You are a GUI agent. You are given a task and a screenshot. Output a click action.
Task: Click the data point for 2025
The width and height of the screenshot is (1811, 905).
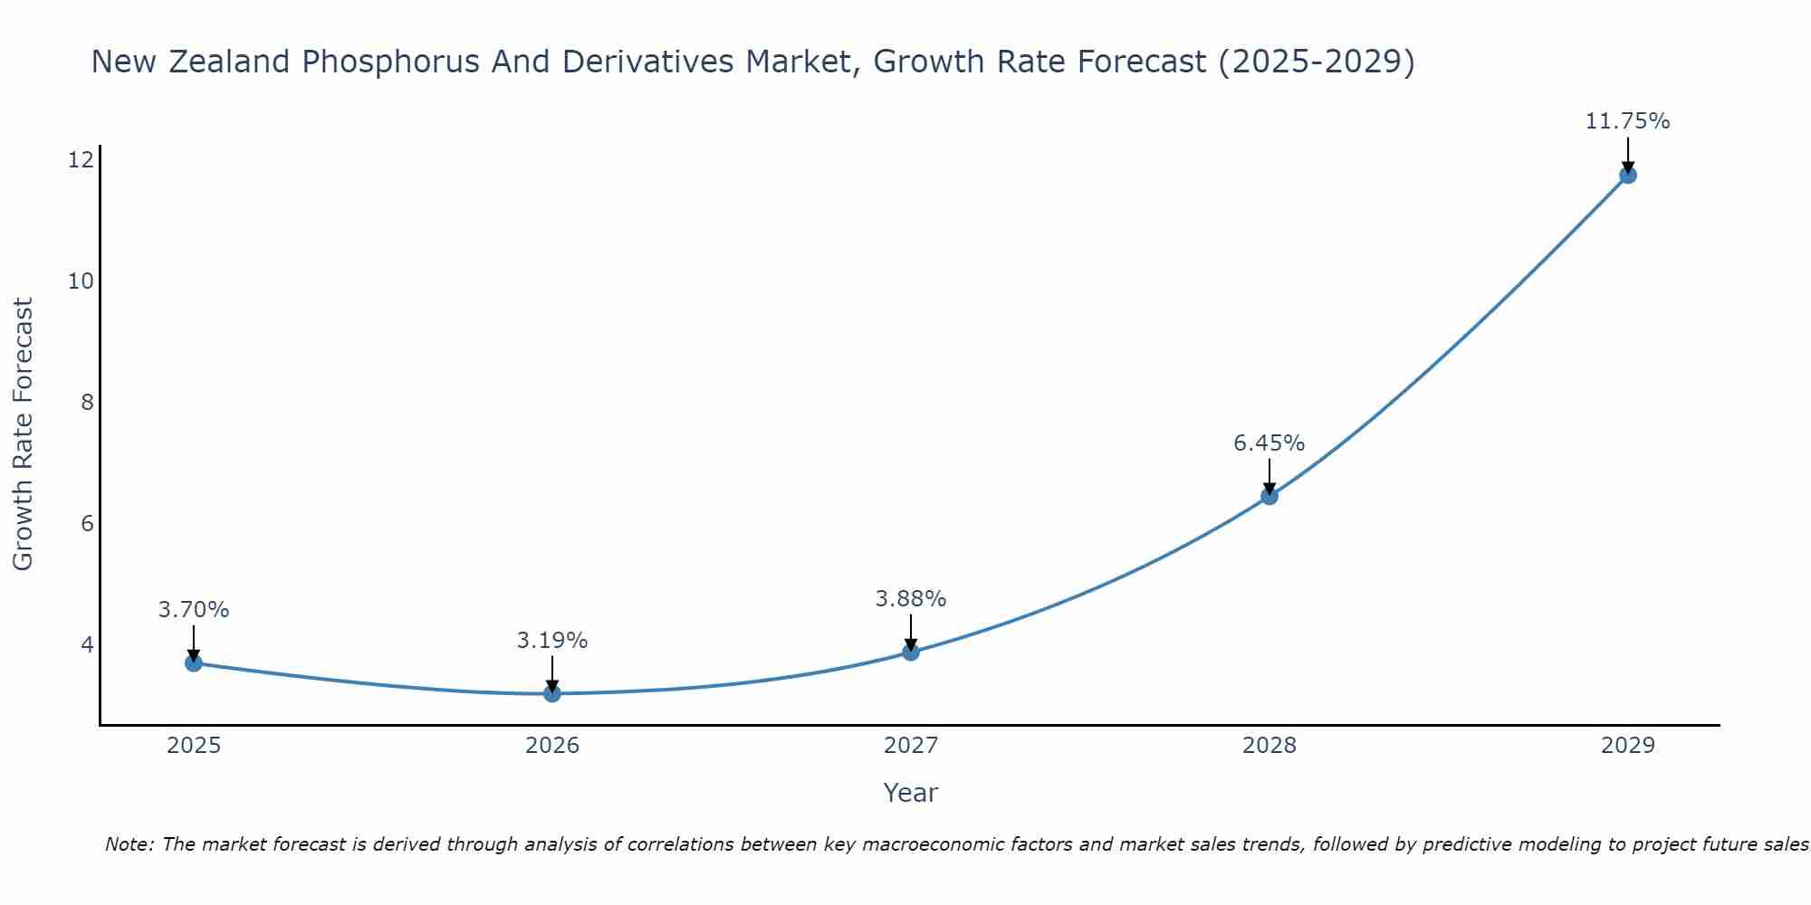click(194, 663)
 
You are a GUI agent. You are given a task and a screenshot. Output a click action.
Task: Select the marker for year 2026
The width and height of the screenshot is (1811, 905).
click(552, 694)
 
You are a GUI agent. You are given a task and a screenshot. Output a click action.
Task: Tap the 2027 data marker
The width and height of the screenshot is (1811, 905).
click(911, 653)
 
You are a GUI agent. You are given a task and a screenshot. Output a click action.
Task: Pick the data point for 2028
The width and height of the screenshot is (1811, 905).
click(1270, 496)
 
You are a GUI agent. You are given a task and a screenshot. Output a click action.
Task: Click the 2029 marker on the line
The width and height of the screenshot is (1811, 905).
click(1627, 176)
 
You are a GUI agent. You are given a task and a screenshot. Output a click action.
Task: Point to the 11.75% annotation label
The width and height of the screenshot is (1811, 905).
click(1627, 121)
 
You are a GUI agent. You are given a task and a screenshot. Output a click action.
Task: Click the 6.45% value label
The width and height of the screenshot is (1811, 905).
click(1269, 443)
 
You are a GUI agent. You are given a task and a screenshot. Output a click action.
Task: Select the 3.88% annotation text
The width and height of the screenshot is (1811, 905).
click(910, 599)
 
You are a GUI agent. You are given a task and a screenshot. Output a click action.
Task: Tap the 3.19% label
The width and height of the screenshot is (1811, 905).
click(552, 641)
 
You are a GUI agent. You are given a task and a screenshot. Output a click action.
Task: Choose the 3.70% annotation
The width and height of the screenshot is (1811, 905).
click(194, 610)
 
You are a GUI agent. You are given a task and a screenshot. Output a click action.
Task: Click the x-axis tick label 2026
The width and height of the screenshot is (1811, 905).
click(552, 746)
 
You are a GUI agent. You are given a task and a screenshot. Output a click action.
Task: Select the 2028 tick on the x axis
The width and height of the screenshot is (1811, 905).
click(1270, 746)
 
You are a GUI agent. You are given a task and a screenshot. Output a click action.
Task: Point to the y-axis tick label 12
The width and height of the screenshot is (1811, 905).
click(81, 160)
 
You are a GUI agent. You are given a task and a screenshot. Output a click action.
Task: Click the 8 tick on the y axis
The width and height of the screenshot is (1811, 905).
click(88, 402)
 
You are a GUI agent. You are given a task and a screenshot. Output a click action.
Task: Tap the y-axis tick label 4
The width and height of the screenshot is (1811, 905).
click(88, 644)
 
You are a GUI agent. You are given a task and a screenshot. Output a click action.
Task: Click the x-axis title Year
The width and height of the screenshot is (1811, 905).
click(910, 793)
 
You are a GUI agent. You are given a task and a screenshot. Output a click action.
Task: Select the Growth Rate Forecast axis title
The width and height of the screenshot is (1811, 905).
click(24, 434)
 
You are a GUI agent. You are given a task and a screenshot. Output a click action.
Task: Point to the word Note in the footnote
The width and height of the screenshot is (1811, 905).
click(130, 844)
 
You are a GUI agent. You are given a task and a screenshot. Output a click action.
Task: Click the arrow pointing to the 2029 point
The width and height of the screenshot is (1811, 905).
click(1627, 154)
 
